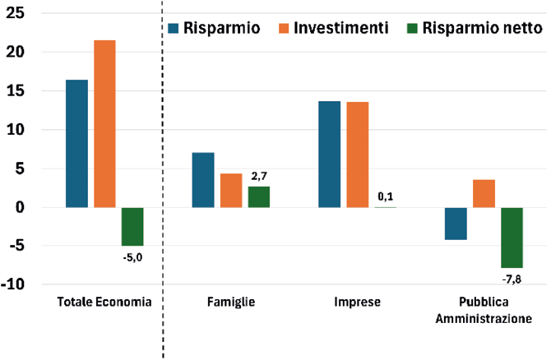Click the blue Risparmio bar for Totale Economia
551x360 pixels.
point(76,144)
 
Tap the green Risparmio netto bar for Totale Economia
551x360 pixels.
point(132,227)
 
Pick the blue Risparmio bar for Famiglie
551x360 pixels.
point(203,180)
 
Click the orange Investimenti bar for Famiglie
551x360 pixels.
point(231,191)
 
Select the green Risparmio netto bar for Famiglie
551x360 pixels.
point(259,197)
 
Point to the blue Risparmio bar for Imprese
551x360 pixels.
point(329,155)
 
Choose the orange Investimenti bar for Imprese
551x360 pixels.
point(358,155)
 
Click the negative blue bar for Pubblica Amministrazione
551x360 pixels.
point(456,224)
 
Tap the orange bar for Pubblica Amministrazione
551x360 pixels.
point(484,194)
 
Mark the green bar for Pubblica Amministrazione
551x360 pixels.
point(512,238)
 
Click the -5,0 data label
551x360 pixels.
point(132,257)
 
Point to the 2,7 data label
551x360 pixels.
point(259,176)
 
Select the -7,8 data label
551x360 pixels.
point(512,279)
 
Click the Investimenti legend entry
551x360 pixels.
point(334,28)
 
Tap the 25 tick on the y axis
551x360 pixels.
point(15,13)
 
